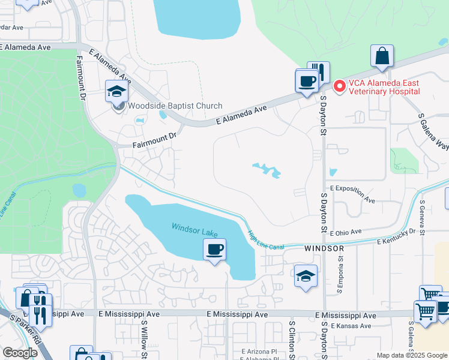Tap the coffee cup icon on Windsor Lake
[214, 249]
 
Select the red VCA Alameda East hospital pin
[339, 87]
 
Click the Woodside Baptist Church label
[174, 106]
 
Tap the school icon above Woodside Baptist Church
[117, 92]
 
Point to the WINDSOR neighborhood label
[324, 248]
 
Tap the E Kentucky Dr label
[396, 236]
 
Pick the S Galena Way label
[433, 133]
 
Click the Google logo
[19, 353]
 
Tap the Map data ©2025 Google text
[411, 355]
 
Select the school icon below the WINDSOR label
[306, 277]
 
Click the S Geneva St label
[423, 217]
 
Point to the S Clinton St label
[291, 340]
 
